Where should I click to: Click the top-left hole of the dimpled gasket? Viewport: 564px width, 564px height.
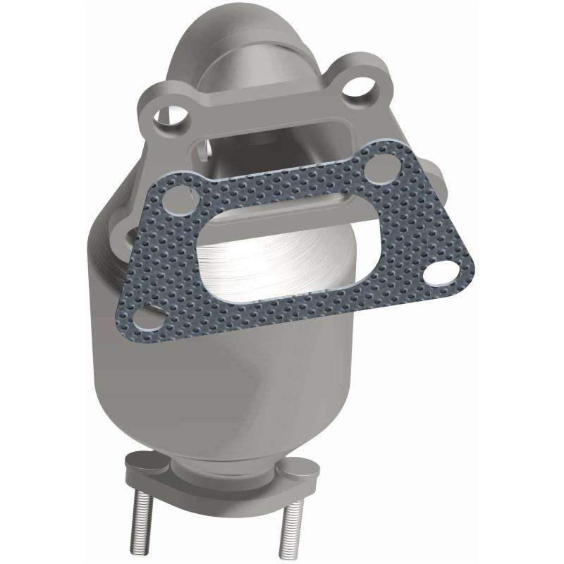pyautogui.click(x=178, y=200)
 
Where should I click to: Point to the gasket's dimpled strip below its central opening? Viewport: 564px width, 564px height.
pyautogui.click(x=296, y=310)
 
